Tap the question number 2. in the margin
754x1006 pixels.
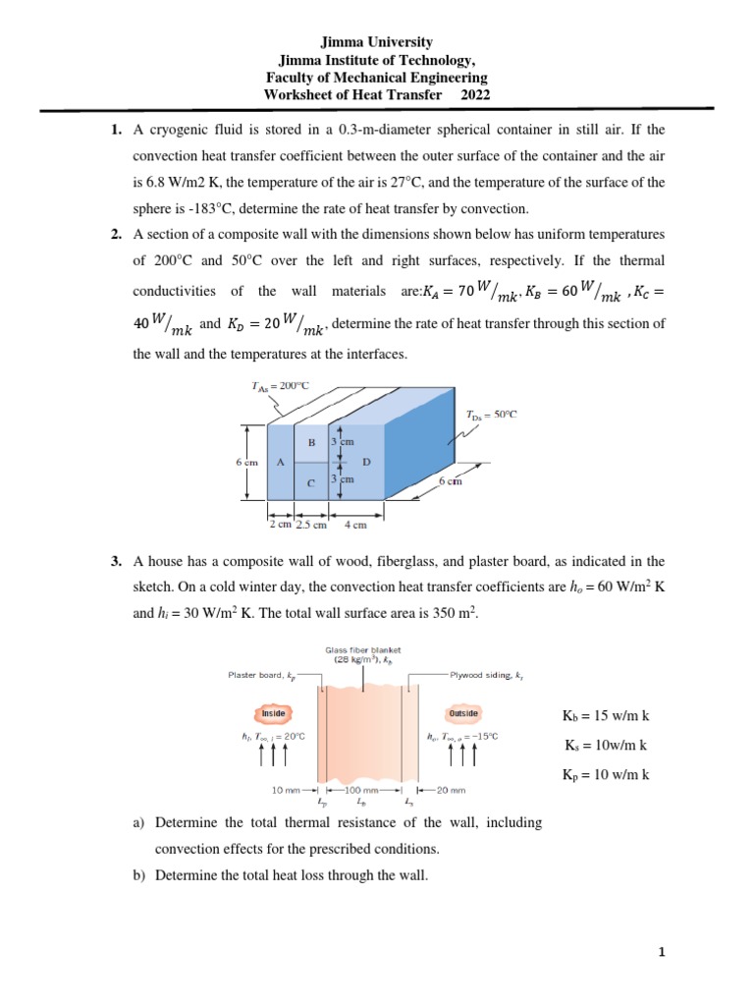tap(116, 234)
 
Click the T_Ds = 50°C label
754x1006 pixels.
tap(491, 415)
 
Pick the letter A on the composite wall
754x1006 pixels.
tap(281, 461)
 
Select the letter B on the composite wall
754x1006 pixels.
tap(311, 443)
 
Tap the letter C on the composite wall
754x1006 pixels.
tap(311, 482)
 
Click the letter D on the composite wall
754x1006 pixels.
tap(366, 461)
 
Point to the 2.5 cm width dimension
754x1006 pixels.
tap(310, 525)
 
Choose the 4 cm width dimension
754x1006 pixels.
tap(355, 525)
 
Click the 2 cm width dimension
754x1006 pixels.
tap(280, 525)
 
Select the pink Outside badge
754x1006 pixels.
tap(462, 712)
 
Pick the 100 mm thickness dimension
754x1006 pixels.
tap(361, 789)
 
